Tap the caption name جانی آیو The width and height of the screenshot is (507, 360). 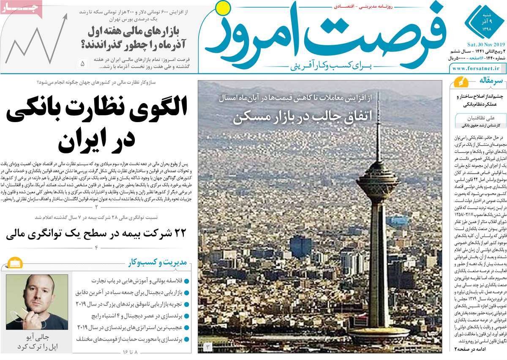pyautogui.click(x=37, y=338)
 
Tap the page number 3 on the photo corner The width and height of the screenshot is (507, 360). pyautogui.click(x=208, y=347)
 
